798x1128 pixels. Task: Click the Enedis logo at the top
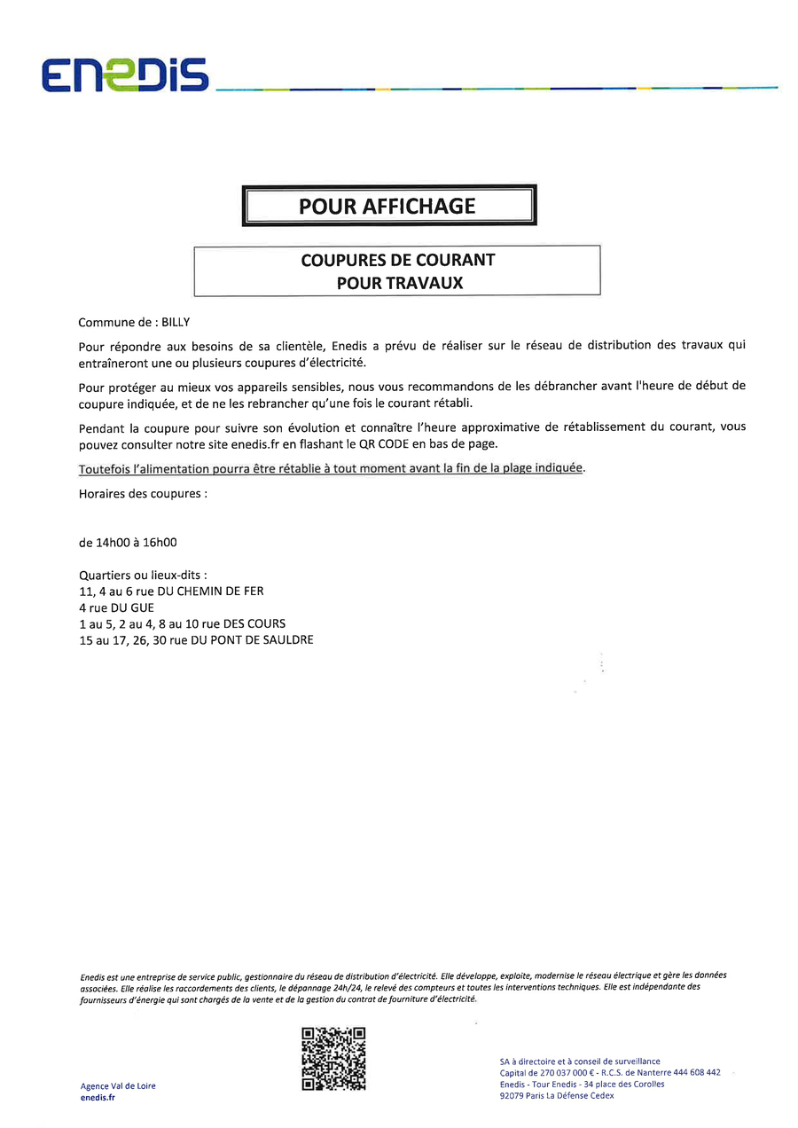(125, 75)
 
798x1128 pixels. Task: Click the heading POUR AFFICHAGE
(387, 207)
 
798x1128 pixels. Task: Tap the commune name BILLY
(176, 323)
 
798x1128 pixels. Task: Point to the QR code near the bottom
(333, 1059)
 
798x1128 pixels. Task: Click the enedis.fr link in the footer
(98, 1098)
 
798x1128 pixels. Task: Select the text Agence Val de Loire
(118, 1086)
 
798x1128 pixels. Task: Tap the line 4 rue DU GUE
(116, 607)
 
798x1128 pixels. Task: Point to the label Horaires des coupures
(143, 493)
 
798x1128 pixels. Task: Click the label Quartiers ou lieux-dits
(143, 575)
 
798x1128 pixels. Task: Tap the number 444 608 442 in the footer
(696, 1073)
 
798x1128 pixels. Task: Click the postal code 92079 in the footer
(511, 1096)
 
